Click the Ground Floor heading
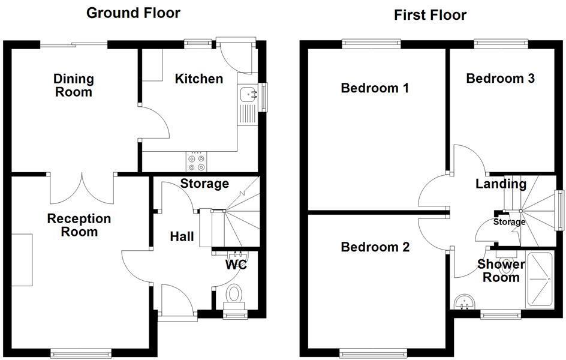pos(133,13)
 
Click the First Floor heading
pos(430,15)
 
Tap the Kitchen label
pos(198,79)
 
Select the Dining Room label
pos(74,85)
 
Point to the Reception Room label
pos(79,225)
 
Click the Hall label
pos(182,237)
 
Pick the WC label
pos(236,264)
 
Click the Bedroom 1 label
pos(375,88)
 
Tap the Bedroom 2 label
pos(375,247)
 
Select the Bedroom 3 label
pos(501,79)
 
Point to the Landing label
pos(501,184)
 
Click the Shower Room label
pos(501,271)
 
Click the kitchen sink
pos(248,94)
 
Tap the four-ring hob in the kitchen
pos(197,161)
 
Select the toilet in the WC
pos(234,295)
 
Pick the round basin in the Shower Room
pos(463,302)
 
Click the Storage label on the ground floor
pos(205,184)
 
